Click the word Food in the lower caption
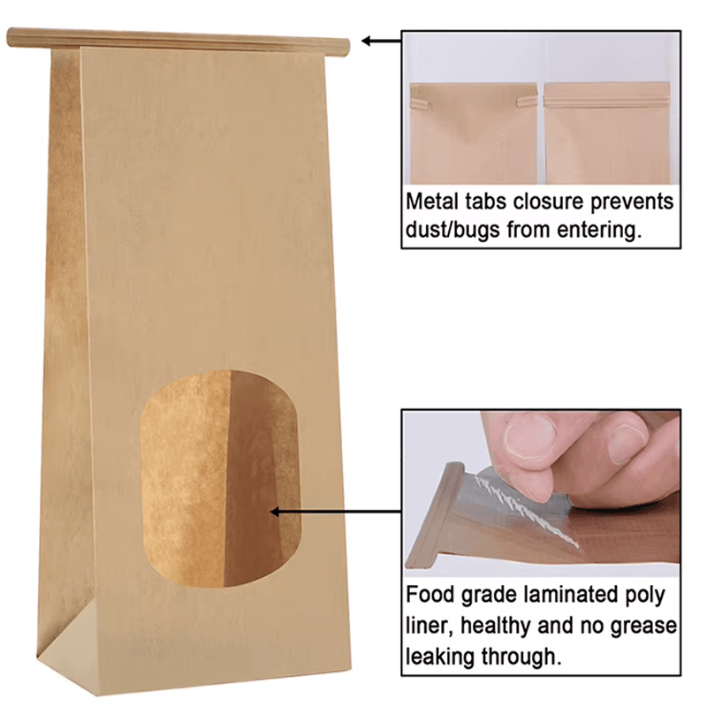[430, 595]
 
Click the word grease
[645, 626]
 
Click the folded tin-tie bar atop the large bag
[177, 40]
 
